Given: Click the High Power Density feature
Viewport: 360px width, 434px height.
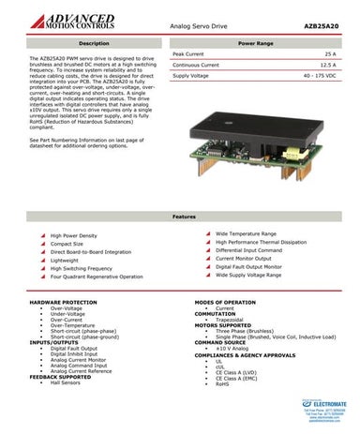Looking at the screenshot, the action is (x=79, y=235).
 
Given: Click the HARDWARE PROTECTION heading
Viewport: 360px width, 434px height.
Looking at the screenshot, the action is (x=64, y=303).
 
